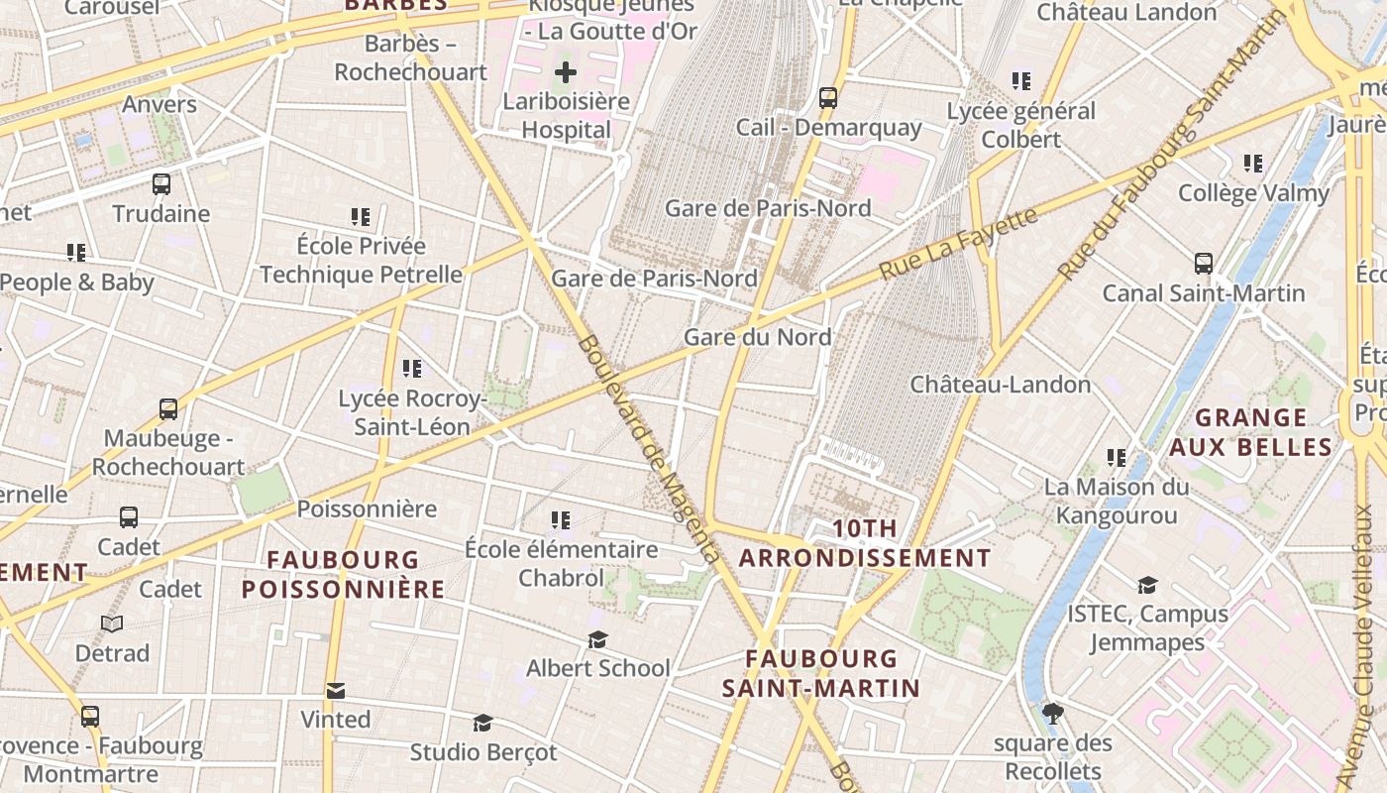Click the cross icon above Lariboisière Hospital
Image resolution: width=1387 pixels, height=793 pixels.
coord(566,72)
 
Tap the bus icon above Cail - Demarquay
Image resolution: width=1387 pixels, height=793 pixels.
coord(828,98)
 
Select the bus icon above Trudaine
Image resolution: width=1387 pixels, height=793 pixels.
coord(161,184)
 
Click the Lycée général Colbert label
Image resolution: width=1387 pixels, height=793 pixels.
coord(1021,125)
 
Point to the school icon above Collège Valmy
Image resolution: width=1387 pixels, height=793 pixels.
coord(1253,164)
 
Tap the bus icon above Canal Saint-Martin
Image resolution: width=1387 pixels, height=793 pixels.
coord(1204,264)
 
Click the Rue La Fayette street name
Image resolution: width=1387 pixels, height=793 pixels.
coord(958,242)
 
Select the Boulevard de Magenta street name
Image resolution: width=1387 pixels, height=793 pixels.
coord(648,449)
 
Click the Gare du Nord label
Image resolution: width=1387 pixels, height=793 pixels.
coord(758,337)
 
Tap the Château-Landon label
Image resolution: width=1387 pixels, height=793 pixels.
coord(1001,384)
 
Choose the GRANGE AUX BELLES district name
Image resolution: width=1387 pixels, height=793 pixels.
coord(1250,432)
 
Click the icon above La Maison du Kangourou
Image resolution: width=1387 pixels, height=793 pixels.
coord(1117,458)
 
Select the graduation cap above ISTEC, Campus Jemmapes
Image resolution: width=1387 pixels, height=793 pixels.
coord(1147,586)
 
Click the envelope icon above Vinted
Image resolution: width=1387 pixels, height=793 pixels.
coord(336,691)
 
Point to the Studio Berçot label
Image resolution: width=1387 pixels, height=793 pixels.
coord(483,752)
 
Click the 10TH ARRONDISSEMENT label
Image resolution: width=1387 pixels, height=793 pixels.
coord(865,543)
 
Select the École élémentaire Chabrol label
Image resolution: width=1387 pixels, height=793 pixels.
coord(562,563)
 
